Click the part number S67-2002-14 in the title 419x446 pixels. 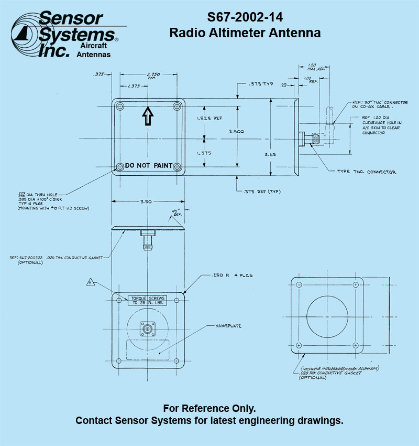[x=245, y=16]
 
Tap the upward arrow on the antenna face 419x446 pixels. [x=148, y=116]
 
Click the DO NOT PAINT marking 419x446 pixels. [x=148, y=165]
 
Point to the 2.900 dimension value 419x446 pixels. [x=236, y=131]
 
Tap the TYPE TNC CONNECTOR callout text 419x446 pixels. [x=367, y=172]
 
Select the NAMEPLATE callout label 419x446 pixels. [x=228, y=326]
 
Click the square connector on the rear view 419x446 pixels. [x=148, y=329]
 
